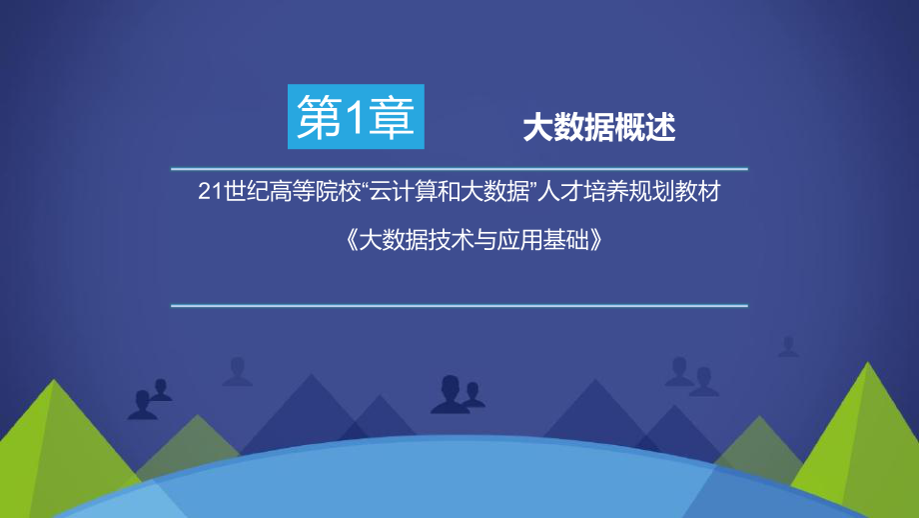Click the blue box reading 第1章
[x=356, y=119]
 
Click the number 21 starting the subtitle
[x=209, y=193]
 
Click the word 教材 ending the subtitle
[x=697, y=193]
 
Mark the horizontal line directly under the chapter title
[x=459, y=167]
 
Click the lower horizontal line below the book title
[x=459, y=305]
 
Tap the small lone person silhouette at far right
[x=788, y=346]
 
